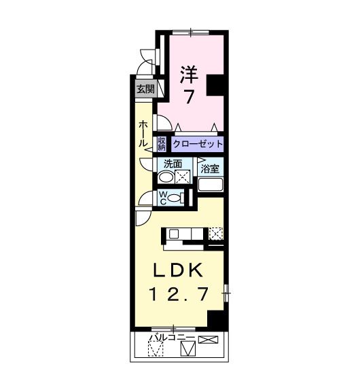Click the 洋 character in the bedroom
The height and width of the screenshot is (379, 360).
(188, 74)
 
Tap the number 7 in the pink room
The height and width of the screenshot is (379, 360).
(188, 96)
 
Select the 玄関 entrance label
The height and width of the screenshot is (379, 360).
(145, 88)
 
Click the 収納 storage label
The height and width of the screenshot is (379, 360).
(162, 144)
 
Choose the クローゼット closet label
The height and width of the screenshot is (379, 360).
(198, 144)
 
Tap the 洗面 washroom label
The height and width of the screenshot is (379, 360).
(173, 164)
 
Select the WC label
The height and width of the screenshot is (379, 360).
(164, 198)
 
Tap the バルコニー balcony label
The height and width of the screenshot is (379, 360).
(173, 338)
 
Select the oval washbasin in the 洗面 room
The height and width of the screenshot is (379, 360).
(166, 178)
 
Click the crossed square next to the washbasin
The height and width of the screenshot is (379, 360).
(182, 178)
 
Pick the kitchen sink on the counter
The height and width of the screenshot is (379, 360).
(175, 234)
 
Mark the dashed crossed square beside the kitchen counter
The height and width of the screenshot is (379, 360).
(215, 234)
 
